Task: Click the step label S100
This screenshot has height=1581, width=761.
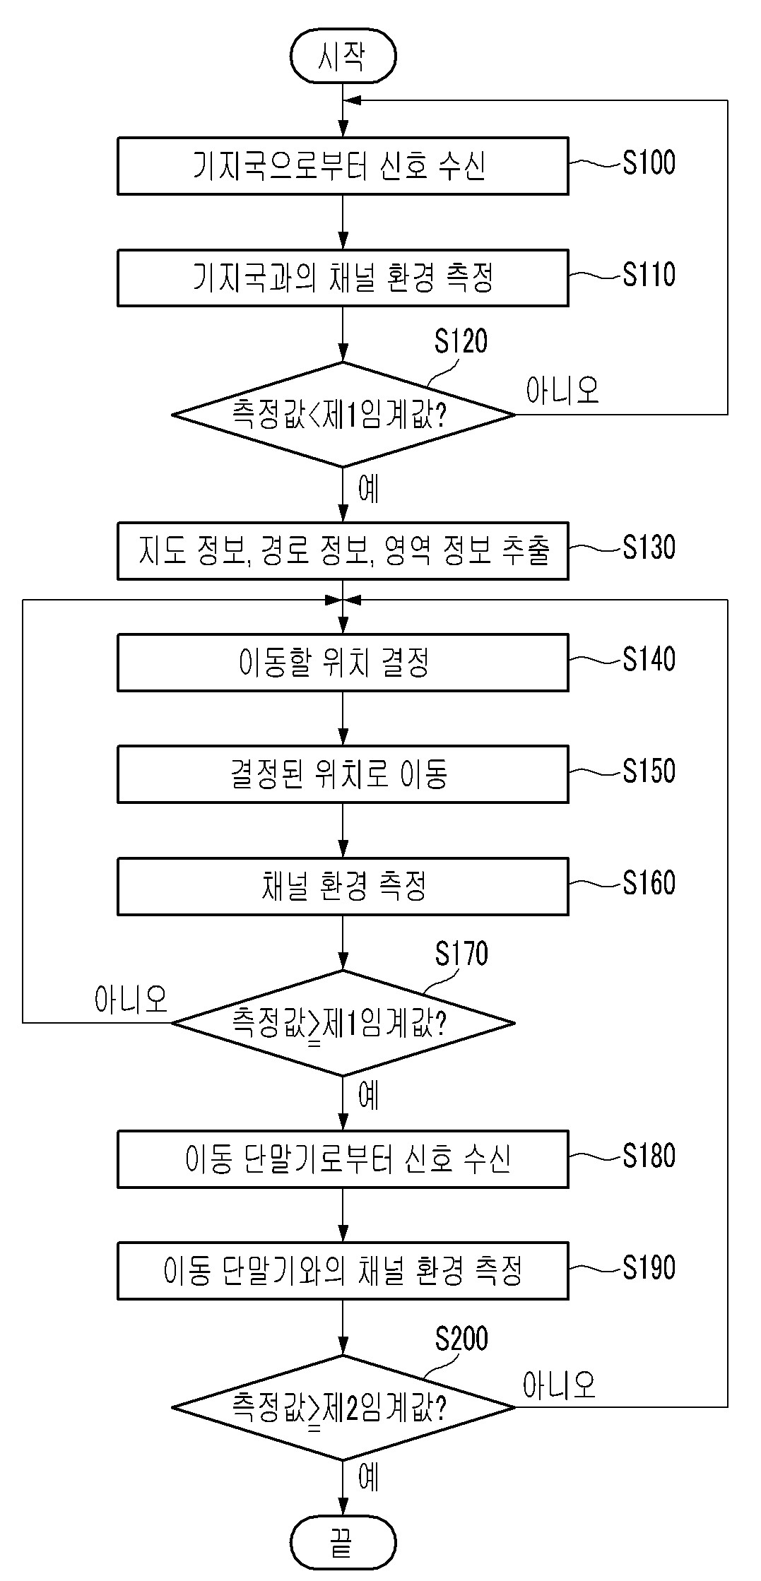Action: [x=649, y=162]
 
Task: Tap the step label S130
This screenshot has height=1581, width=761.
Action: [x=649, y=547]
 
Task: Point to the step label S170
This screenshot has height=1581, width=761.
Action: [x=461, y=954]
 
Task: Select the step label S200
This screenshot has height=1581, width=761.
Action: [x=461, y=1339]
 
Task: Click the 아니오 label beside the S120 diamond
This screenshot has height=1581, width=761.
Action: [x=562, y=390]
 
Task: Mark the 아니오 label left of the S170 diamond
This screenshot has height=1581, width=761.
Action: [x=131, y=999]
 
